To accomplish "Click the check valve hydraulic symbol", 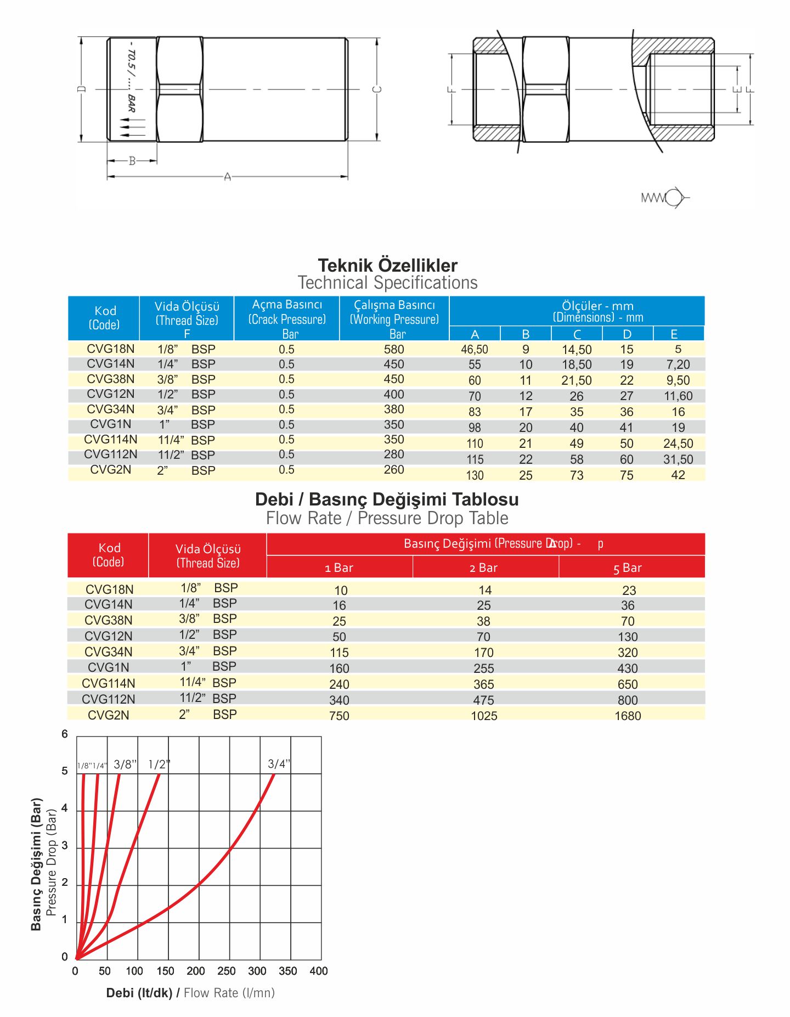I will click(665, 198).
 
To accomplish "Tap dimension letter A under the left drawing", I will click(228, 177).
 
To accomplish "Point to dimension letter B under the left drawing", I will click(132, 161).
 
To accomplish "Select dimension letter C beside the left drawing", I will click(377, 89).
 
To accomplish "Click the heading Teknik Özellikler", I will click(387, 266).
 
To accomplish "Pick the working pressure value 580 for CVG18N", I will click(394, 349).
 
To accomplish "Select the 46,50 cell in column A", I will click(475, 350).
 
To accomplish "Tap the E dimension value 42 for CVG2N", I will click(678, 475).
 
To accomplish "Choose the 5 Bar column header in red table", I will click(628, 568).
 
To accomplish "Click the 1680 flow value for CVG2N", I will click(628, 716).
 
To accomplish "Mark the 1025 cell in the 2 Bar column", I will click(484, 716).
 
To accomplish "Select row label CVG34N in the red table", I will click(109, 652).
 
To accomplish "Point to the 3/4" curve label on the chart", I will click(279, 764).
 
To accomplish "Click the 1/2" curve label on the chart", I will click(159, 765).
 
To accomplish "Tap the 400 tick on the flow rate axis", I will click(319, 971).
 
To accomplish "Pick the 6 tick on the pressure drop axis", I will click(65, 734).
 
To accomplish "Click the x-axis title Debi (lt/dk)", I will click(139, 993).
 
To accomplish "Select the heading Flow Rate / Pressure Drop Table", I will click(387, 518).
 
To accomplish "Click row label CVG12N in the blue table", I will click(111, 394).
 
